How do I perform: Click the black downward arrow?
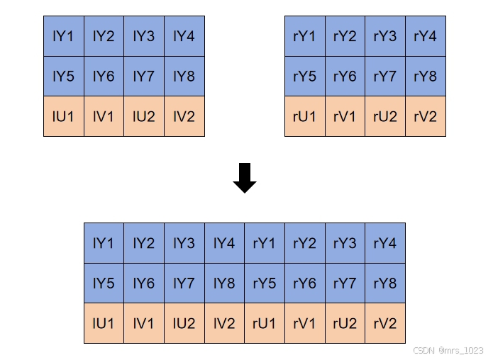244,178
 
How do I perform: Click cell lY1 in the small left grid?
63,36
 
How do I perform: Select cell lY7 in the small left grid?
143,76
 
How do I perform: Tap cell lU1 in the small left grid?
63,116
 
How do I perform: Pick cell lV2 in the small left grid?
184,116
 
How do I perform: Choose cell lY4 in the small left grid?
184,36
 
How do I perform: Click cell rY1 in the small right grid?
304,36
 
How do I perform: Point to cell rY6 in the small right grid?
344,76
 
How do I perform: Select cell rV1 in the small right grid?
344,116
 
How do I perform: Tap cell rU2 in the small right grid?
384,116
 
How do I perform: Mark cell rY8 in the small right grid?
425,76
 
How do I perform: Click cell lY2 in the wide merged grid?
143,243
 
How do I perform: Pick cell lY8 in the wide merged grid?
224,283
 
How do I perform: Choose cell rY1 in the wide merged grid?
264,243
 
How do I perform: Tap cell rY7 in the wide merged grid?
345,283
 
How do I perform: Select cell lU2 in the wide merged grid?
184,323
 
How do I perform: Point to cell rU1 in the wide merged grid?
264,323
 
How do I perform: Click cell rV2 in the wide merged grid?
384,323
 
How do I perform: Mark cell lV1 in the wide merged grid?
143,323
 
